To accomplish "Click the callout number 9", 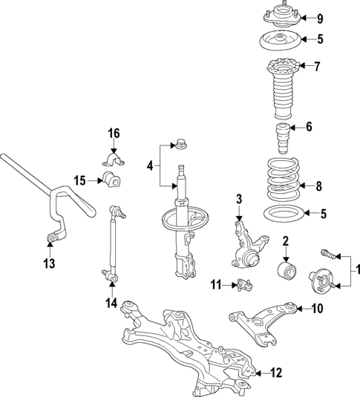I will [x=320, y=19].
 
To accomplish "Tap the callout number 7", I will [x=317, y=67].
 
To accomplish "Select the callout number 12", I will [x=277, y=373].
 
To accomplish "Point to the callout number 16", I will [x=114, y=134].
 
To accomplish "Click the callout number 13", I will [x=49, y=263].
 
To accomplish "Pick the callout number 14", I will [x=111, y=302].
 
